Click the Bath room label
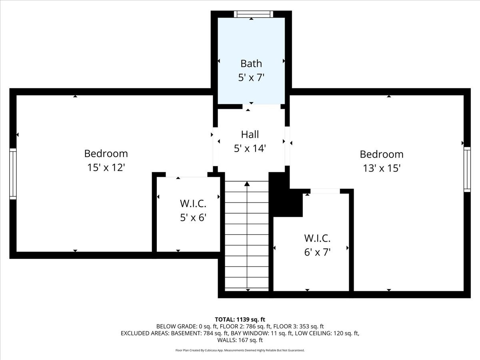click(x=251, y=63)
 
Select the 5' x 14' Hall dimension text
click(x=250, y=148)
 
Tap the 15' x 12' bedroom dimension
click(x=106, y=168)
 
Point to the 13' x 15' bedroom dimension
click(x=382, y=168)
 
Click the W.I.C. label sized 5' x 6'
click(x=193, y=204)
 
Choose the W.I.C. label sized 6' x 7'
click(x=317, y=238)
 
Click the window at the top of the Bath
click(x=253, y=14)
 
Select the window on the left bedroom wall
click(x=13, y=174)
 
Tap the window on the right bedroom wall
click(x=467, y=169)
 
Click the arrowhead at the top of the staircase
click(x=247, y=184)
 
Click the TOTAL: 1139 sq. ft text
click(x=240, y=319)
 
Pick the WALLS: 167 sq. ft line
click(x=240, y=340)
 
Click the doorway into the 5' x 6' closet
click(x=186, y=175)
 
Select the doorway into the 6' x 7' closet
click(x=325, y=191)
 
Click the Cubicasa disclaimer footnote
click(x=240, y=350)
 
